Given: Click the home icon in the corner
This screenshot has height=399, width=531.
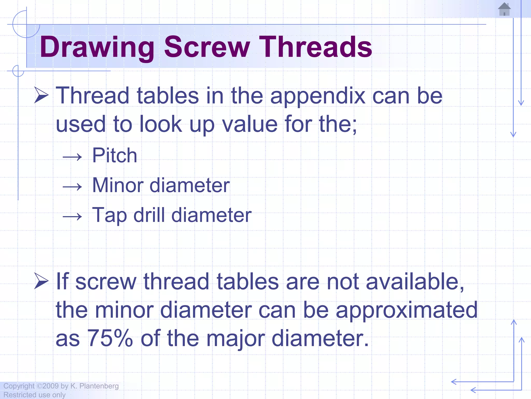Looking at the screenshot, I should (x=504, y=9).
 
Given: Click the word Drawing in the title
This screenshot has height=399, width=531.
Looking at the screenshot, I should (x=97, y=47).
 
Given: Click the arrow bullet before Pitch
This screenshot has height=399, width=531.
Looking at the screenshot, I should (x=72, y=157).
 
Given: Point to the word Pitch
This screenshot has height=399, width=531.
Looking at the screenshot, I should (x=115, y=155).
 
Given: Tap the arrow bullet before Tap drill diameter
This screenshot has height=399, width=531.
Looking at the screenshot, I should (x=72, y=216).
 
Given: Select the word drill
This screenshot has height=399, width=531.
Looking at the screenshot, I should (x=149, y=215).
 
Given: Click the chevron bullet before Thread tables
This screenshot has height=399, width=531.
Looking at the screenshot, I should (x=41, y=95).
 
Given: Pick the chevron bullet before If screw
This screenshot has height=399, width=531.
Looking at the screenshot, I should (x=41, y=281).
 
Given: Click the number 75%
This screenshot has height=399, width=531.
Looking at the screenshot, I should (x=110, y=338).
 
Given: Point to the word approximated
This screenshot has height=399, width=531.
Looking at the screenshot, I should (x=406, y=310).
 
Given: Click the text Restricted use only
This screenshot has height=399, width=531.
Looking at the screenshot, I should (x=34, y=395).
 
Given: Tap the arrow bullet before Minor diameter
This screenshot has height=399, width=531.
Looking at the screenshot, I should (x=72, y=187).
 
